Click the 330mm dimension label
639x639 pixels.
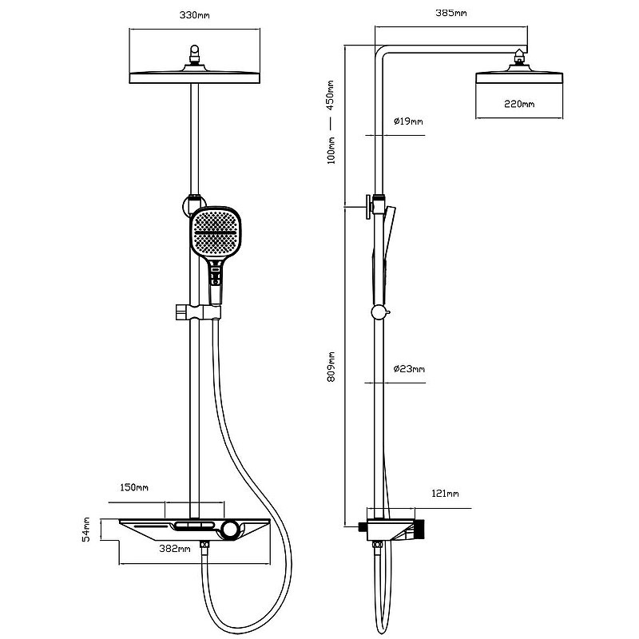[x=194, y=15]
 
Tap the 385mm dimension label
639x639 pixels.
[x=451, y=13]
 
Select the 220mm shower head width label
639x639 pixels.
[x=519, y=105]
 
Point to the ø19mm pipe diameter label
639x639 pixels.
[x=408, y=121]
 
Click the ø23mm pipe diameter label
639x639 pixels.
[x=409, y=369]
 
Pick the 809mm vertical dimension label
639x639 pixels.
[x=331, y=367]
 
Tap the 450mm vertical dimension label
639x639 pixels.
[x=330, y=95]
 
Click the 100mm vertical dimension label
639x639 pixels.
[x=331, y=150]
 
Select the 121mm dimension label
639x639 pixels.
[x=445, y=494]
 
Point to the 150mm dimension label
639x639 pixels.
[x=134, y=487]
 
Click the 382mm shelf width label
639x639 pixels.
[x=175, y=549]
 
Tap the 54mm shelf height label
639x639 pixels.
[x=86, y=530]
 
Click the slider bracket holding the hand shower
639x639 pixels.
[x=198, y=312]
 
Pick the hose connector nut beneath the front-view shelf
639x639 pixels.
[x=204, y=545]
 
